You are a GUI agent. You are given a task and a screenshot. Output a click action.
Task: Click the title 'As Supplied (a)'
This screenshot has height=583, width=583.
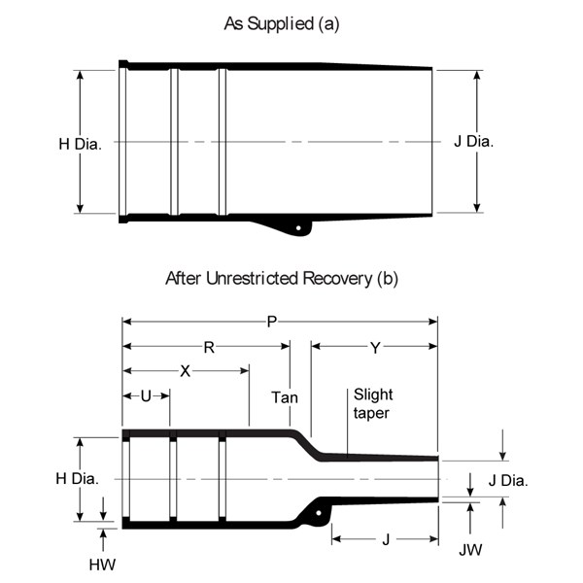282,24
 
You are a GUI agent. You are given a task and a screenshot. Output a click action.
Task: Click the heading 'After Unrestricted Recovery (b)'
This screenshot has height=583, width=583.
282,279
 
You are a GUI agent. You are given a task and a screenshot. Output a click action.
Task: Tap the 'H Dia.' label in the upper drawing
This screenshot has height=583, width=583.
80,144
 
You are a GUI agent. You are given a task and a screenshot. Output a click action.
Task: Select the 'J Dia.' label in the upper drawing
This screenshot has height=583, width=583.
474,142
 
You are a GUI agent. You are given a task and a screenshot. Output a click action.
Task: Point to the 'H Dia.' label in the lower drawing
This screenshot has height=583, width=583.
78,478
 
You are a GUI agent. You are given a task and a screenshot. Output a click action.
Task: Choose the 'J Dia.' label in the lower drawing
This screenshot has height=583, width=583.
508,480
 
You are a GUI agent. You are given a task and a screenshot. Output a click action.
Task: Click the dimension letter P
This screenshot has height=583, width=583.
272,322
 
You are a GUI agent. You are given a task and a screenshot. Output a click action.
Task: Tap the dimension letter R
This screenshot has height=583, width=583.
209,348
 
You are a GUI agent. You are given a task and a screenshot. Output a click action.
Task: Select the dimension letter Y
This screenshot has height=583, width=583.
375,348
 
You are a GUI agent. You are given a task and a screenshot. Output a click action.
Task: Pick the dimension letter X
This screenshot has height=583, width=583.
186,371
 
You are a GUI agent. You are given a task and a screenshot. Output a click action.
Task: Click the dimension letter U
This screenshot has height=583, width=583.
146,396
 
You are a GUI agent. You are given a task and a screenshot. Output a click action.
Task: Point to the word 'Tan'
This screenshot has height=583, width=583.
285,397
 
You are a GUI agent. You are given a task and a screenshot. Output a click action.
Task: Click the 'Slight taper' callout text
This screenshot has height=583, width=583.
373,404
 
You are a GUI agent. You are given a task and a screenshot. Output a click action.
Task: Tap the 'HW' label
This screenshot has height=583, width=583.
102,565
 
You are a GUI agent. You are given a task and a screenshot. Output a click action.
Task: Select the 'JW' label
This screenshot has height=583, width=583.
470,550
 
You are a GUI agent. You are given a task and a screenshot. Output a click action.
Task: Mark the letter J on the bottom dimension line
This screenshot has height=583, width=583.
386,539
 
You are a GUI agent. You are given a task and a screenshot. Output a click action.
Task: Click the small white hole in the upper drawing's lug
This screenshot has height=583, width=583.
298,228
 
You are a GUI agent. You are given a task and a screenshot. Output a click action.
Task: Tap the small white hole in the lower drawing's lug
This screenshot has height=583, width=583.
319,513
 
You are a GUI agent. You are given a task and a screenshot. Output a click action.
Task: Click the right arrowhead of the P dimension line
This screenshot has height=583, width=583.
433,322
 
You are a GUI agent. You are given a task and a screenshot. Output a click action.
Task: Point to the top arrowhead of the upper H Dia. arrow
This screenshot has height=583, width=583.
80,75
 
